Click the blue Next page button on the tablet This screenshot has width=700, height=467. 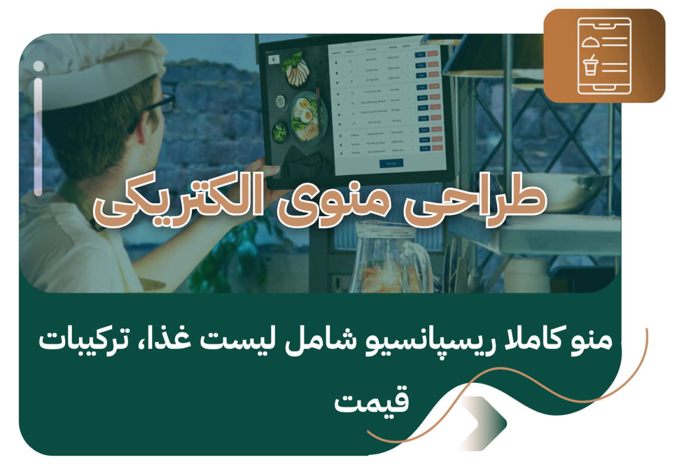pos(391,163)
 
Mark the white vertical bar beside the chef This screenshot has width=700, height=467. pos(38,128)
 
